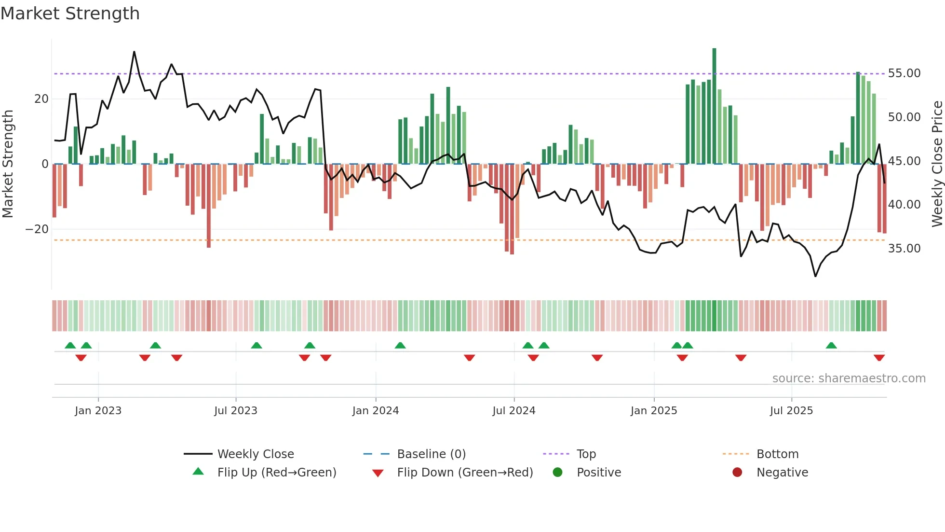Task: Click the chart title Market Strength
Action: tap(70, 14)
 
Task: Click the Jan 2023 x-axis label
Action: tap(98, 411)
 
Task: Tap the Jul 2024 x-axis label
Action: tap(513, 411)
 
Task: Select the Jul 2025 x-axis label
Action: tap(791, 411)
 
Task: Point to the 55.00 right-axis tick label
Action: tap(904, 73)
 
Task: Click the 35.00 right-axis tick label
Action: tap(904, 249)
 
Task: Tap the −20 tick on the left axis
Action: tap(37, 229)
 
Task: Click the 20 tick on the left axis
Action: tap(41, 99)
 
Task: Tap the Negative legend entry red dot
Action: tap(737, 473)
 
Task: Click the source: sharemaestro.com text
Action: tap(849, 378)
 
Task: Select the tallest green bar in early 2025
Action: tap(714, 106)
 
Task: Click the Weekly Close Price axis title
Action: tap(937, 164)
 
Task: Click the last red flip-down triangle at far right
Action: tap(879, 358)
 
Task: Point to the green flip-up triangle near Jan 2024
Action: tap(400, 345)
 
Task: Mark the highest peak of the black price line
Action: tap(134, 52)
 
